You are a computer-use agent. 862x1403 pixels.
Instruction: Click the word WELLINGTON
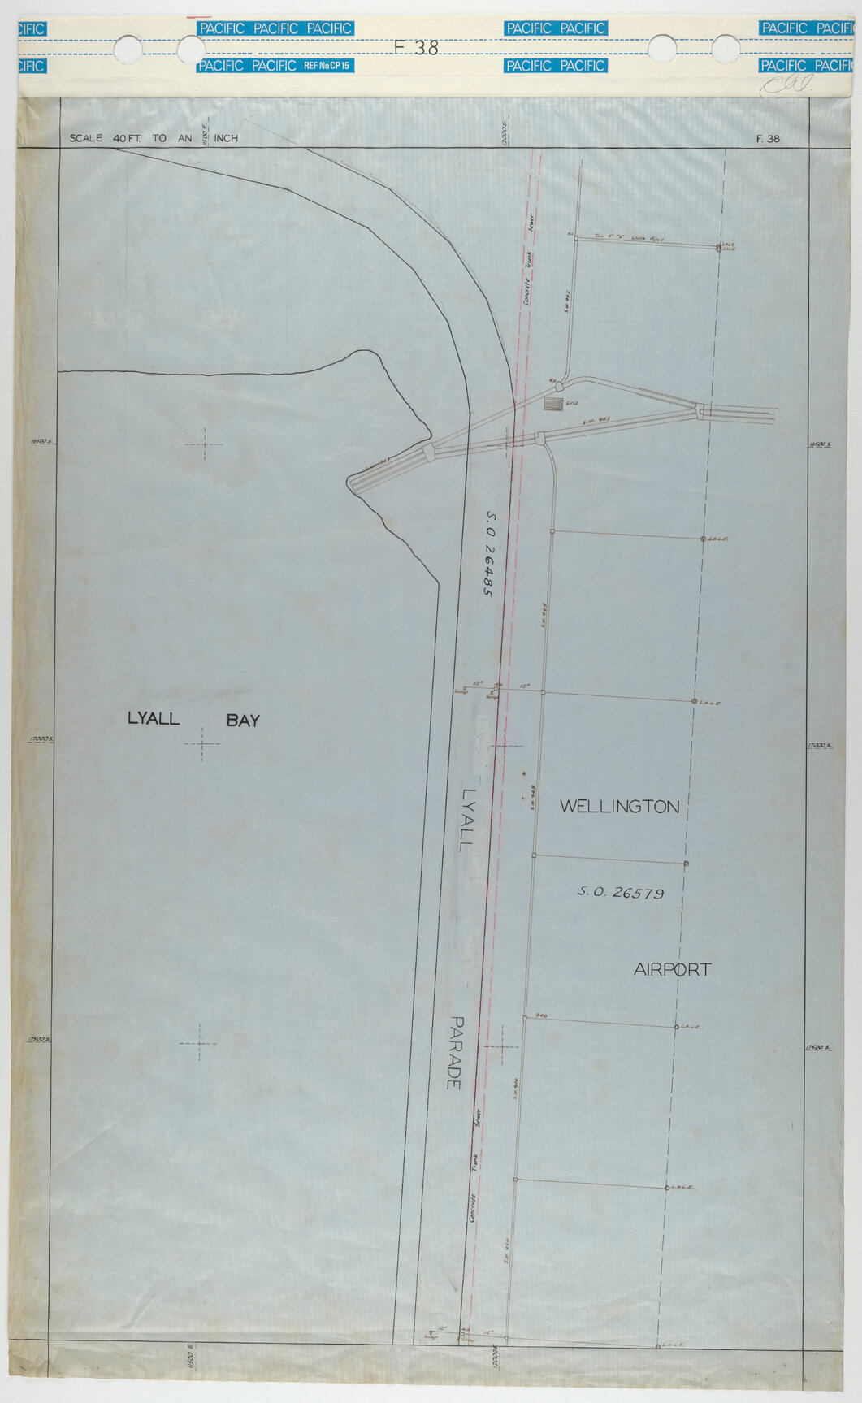[x=619, y=807]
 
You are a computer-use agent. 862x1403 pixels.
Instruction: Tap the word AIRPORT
[x=672, y=969]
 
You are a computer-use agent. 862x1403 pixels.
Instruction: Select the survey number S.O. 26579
[x=621, y=892]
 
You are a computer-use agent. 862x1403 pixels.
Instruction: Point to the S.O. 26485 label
[x=491, y=554]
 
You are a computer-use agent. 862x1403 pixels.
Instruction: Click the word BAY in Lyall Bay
[x=243, y=720]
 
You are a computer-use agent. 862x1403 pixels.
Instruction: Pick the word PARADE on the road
[x=455, y=1053]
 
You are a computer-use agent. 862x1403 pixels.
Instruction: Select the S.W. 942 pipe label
[x=568, y=302]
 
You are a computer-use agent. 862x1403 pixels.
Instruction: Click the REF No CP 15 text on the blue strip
[x=327, y=65]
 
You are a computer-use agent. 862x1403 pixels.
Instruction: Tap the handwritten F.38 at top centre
[x=416, y=48]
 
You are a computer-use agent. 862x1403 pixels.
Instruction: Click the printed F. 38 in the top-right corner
[x=767, y=139]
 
